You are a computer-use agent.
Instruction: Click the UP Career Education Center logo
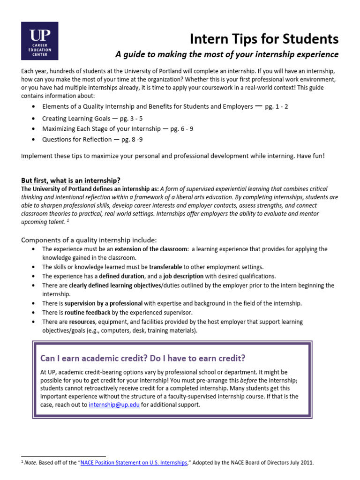point(39,40)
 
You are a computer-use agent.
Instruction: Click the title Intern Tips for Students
point(264,38)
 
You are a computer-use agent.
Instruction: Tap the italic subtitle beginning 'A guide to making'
point(227,54)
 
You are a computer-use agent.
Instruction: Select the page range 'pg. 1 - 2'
point(277,106)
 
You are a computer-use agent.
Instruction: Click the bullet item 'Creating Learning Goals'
point(76,119)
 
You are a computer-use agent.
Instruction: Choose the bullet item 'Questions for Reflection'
point(78,139)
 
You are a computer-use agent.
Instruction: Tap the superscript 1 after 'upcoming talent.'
point(67,220)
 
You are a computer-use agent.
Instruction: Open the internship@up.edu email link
point(114,405)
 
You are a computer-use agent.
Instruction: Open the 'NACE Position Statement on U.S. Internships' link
point(134,463)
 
